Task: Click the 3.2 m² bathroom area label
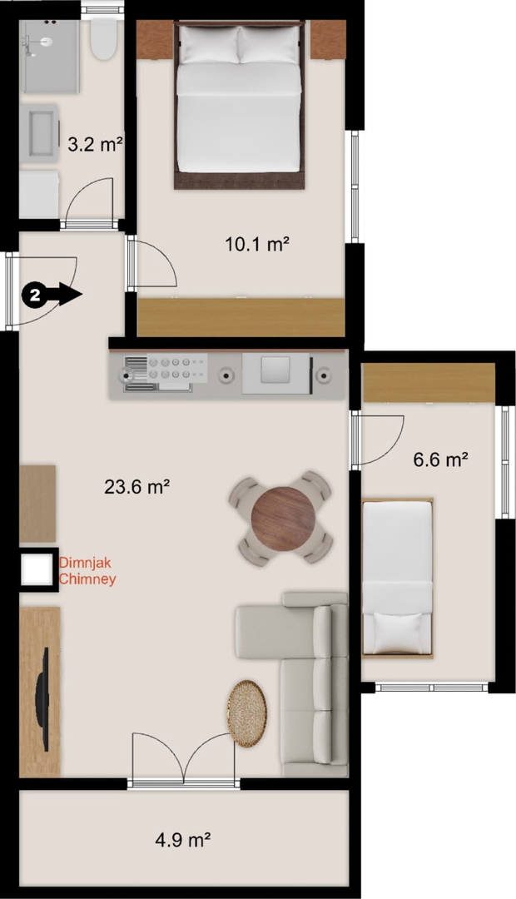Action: coord(95,144)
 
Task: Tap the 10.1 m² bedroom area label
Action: coord(256,244)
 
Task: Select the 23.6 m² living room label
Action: coord(137,487)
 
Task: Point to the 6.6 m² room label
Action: coord(441,459)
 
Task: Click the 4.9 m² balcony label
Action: coord(183,840)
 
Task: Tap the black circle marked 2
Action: coord(35,296)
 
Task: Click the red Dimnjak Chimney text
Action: coord(87,570)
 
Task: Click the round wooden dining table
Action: coord(283,519)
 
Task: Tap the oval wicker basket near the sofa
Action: coord(247,713)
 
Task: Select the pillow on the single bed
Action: coord(397,633)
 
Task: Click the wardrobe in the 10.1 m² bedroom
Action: coord(241,317)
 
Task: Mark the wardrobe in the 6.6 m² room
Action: coord(429,382)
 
